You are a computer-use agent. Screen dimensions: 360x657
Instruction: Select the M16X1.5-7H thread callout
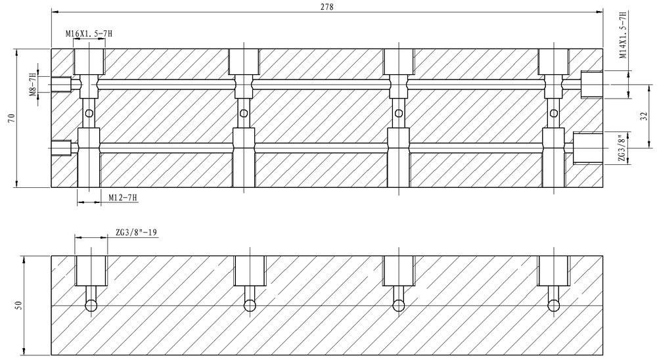pyautogui.click(x=89, y=33)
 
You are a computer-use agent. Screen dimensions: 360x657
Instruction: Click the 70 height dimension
pyautogui.click(x=11, y=118)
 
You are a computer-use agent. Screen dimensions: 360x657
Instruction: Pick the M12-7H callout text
pyautogui.click(x=122, y=197)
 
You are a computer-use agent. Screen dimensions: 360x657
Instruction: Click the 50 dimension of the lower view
pyautogui.click(x=18, y=305)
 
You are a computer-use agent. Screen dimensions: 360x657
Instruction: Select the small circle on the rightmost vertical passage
pyautogui.click(x=554, y=114)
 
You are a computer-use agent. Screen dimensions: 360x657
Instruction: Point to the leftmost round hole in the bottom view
pyautogui.click(x=91, y=305)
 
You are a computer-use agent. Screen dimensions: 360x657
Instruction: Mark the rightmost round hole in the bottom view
pyautogui.click(x=554, y=305)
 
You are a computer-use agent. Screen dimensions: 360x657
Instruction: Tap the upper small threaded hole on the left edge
pyautogui.click(x=61, y=83)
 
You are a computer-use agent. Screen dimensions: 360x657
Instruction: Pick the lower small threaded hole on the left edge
pyautogui.click(x=61, y=148)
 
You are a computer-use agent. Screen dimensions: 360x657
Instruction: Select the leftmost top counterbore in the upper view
pyautogui.click(x=89, y=62)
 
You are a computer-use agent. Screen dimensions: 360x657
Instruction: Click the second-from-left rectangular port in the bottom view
pyautogui.click(x=250, y=270)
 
